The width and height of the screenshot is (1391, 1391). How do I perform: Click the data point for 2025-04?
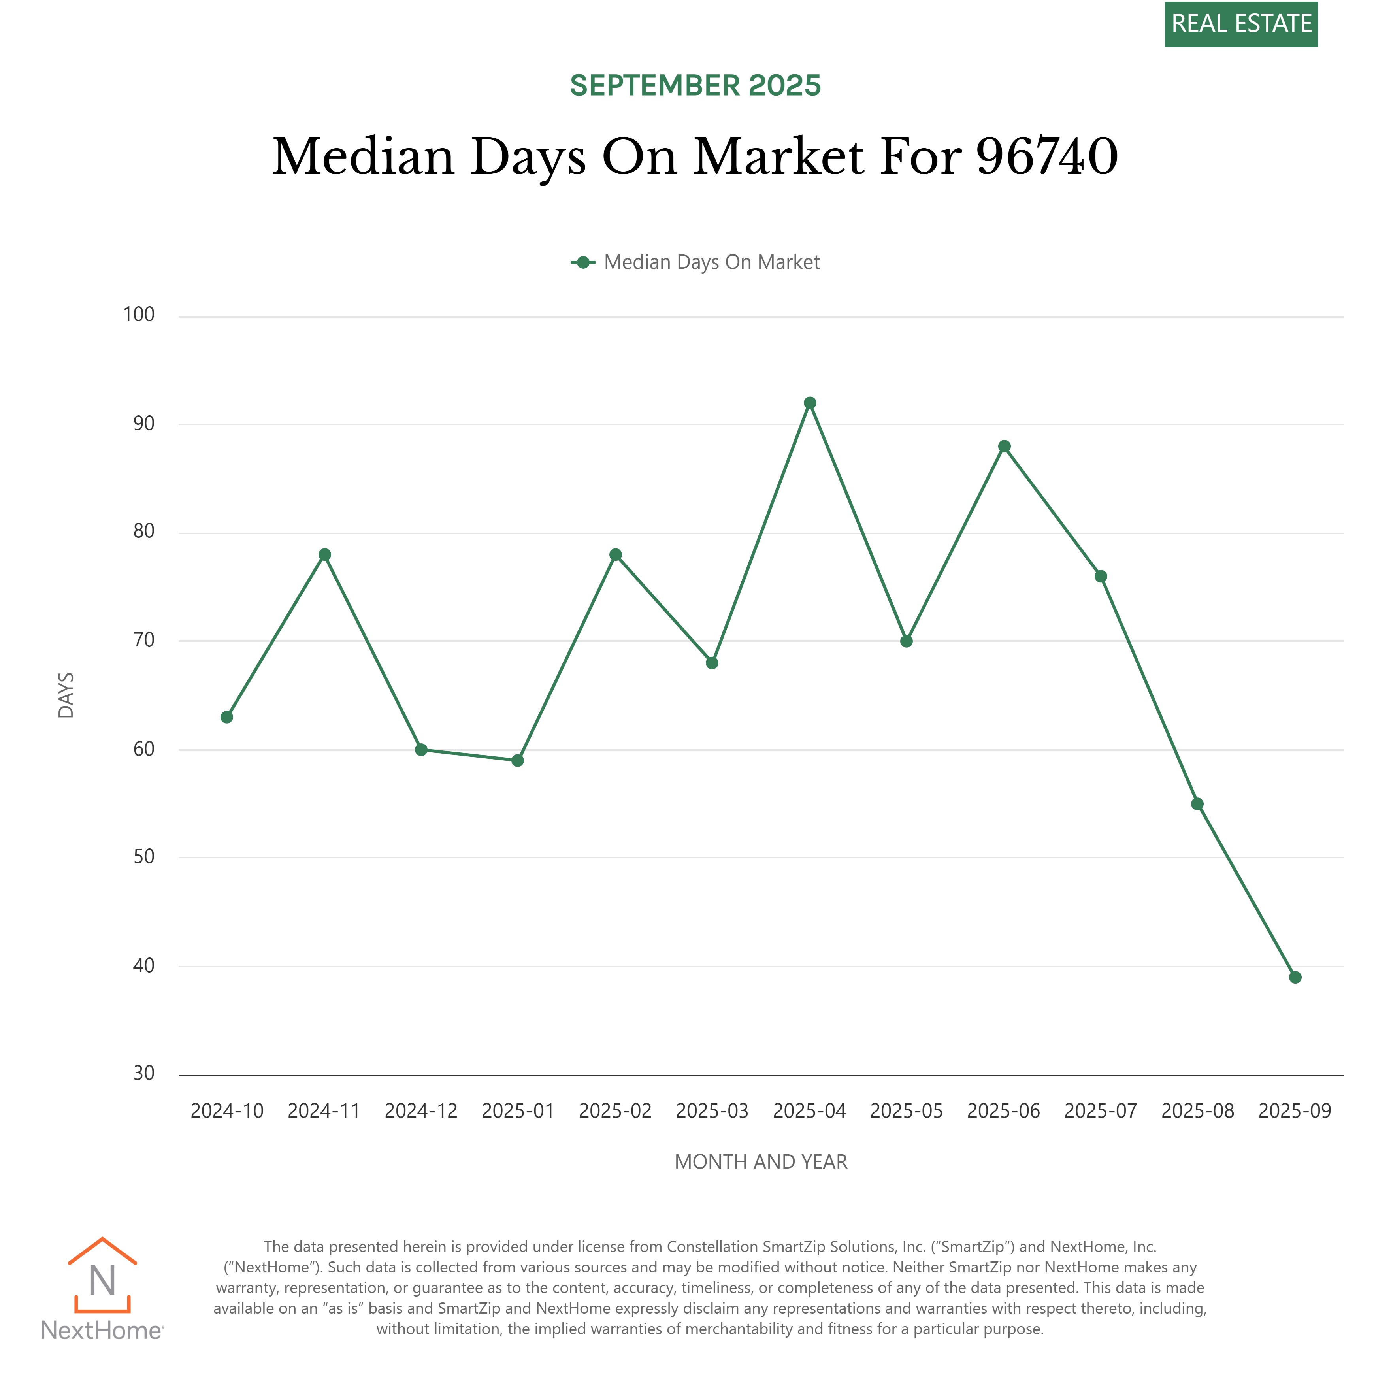[810, 403]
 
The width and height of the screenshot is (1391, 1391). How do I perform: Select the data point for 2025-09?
[1295, 977]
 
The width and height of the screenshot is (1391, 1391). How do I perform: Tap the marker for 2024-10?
[227, 717]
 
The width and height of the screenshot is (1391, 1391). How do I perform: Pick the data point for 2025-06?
[1005, 447]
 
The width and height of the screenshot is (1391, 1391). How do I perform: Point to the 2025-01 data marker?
[518, 760]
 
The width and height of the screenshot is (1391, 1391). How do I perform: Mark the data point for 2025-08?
[1197, 804]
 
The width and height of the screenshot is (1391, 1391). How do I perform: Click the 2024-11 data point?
[325, 554]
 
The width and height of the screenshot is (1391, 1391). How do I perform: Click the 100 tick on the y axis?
[139, 315]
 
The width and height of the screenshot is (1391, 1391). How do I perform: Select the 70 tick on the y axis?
[144, 640]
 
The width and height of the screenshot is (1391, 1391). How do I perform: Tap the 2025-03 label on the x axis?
[712, 1111]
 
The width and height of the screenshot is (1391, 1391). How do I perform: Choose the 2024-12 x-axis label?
[421, 1111]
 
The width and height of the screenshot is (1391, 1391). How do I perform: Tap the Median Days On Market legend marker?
[583, 262]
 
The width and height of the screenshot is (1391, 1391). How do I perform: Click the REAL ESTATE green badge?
[1241, 24]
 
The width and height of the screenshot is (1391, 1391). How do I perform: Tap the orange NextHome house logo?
[102, 1276]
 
